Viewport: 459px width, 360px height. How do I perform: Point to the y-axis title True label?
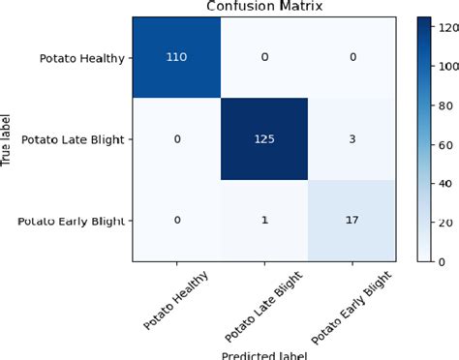[8, 141]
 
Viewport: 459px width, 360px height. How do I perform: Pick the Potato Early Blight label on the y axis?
[74, 221]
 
